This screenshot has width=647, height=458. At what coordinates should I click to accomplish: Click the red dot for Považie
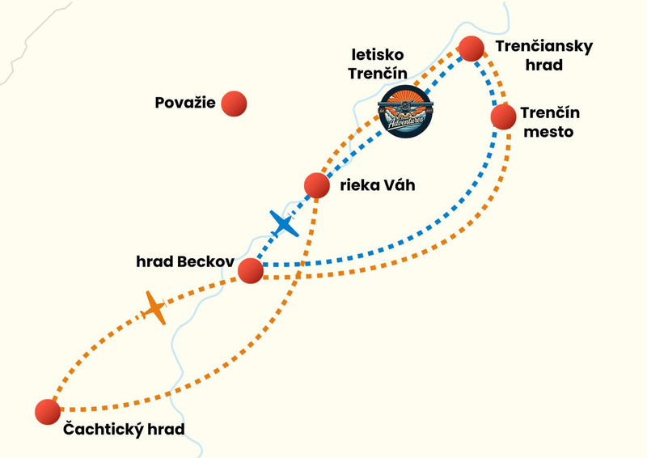pyautogui.click(x=233, y=103)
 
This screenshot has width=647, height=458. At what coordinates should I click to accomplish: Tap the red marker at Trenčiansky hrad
pyautogui.click(x=472, y=49)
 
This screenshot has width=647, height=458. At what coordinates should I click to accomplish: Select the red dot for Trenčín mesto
pyautogui.click(x=503, y=117)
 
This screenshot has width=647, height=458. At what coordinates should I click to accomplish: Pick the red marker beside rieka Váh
pyautogui.click(x=316, y=185)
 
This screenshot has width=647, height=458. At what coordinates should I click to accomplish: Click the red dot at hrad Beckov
pyautogui.click(x=251, y=270)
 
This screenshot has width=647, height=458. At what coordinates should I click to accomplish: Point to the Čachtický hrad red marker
pyautogui.click(x=48, y=412)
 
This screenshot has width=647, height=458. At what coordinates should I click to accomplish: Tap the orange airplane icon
pyautogui.click(x=154, y=308)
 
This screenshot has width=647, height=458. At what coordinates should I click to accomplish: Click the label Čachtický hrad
pyautogui.click(x=124, y=429)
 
